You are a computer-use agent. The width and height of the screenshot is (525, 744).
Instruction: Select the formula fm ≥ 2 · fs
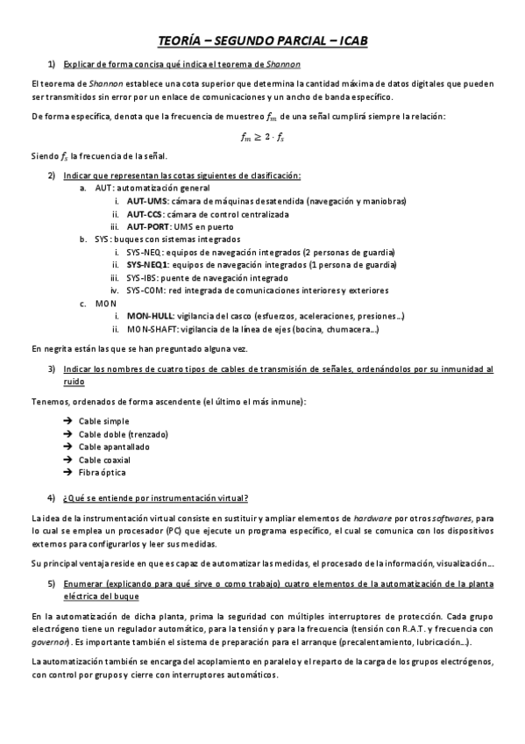pos(262,136)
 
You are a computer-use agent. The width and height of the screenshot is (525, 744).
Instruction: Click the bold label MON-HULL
pos(149,316)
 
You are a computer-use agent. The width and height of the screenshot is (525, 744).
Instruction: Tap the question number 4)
pos(53,498)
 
